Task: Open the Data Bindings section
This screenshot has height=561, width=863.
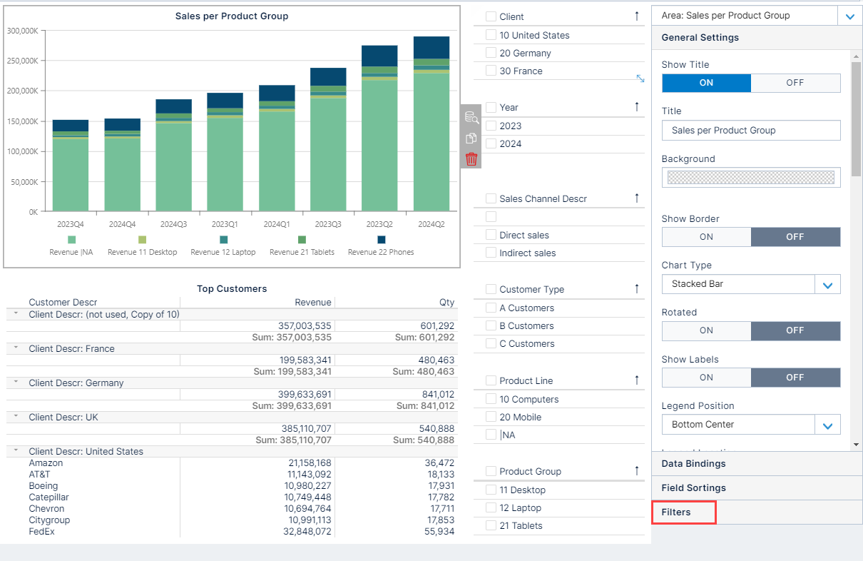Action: [x=693, y=464]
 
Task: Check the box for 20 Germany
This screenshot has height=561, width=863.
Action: [x=491, y=53]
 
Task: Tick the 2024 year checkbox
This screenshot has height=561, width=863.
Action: [x=491, y=143]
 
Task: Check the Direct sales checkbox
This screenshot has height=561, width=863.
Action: [x=491, y=235]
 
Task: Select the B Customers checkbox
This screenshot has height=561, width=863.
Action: [x=491, y=325]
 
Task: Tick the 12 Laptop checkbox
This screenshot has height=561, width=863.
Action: [x=491, y=507]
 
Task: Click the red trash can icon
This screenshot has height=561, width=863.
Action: [x=471, y=159]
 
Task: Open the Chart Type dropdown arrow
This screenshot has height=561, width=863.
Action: [x=827, y=285]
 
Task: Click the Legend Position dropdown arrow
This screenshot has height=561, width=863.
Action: [x=827, y=425]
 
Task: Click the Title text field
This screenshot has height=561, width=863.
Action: [x=750, y=131]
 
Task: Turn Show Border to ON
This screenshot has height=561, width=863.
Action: [x=706, y=237]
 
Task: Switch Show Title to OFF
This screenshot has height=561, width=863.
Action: [x=795, y=83]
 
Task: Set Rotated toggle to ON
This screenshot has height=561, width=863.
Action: [x=706, y=330]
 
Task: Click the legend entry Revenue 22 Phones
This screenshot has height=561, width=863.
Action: [x=381, y=252]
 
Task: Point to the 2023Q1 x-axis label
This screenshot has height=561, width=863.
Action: [x=225, y=224]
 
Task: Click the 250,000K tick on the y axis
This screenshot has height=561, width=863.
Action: [x=23, y=61]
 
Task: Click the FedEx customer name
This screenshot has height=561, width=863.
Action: [x=41, y=532]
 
